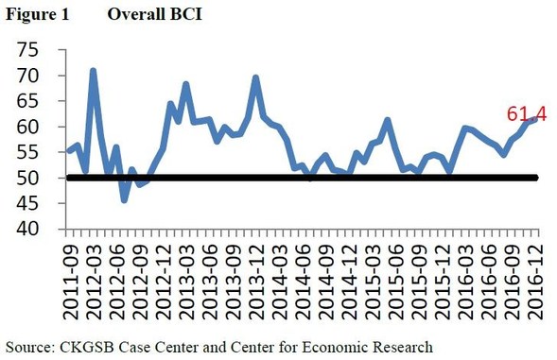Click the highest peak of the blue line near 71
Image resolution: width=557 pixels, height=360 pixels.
click(x=94, y=70)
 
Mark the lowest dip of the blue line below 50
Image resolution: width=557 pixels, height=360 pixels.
click(x=124, y=199)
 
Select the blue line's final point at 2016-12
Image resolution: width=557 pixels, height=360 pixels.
click(x=535, y=119)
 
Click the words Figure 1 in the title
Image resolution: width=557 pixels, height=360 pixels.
click(x=29, y=13)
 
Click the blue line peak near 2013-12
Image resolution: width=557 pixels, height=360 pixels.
click(x=256, y=77)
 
